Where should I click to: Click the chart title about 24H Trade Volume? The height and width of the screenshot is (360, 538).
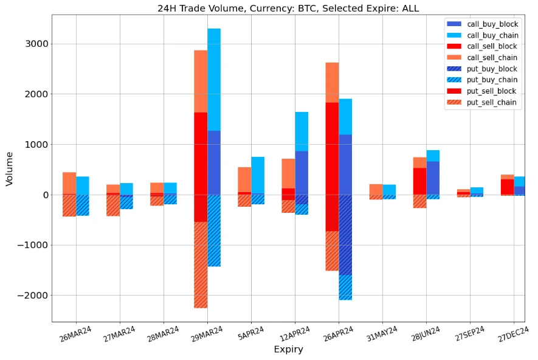[x=288, y=8]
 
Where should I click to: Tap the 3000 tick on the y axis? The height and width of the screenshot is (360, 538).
[x=36, y=44]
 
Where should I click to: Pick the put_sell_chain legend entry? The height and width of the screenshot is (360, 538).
[x=492, y=102]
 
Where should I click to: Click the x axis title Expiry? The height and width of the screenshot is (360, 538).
[x=288, y=350]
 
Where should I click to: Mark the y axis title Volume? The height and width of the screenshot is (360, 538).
[x=9, y=168]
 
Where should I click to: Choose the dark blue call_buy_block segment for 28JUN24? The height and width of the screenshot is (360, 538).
[x=433, y=178]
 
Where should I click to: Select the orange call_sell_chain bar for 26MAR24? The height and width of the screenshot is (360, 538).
[x=69, y=183]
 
